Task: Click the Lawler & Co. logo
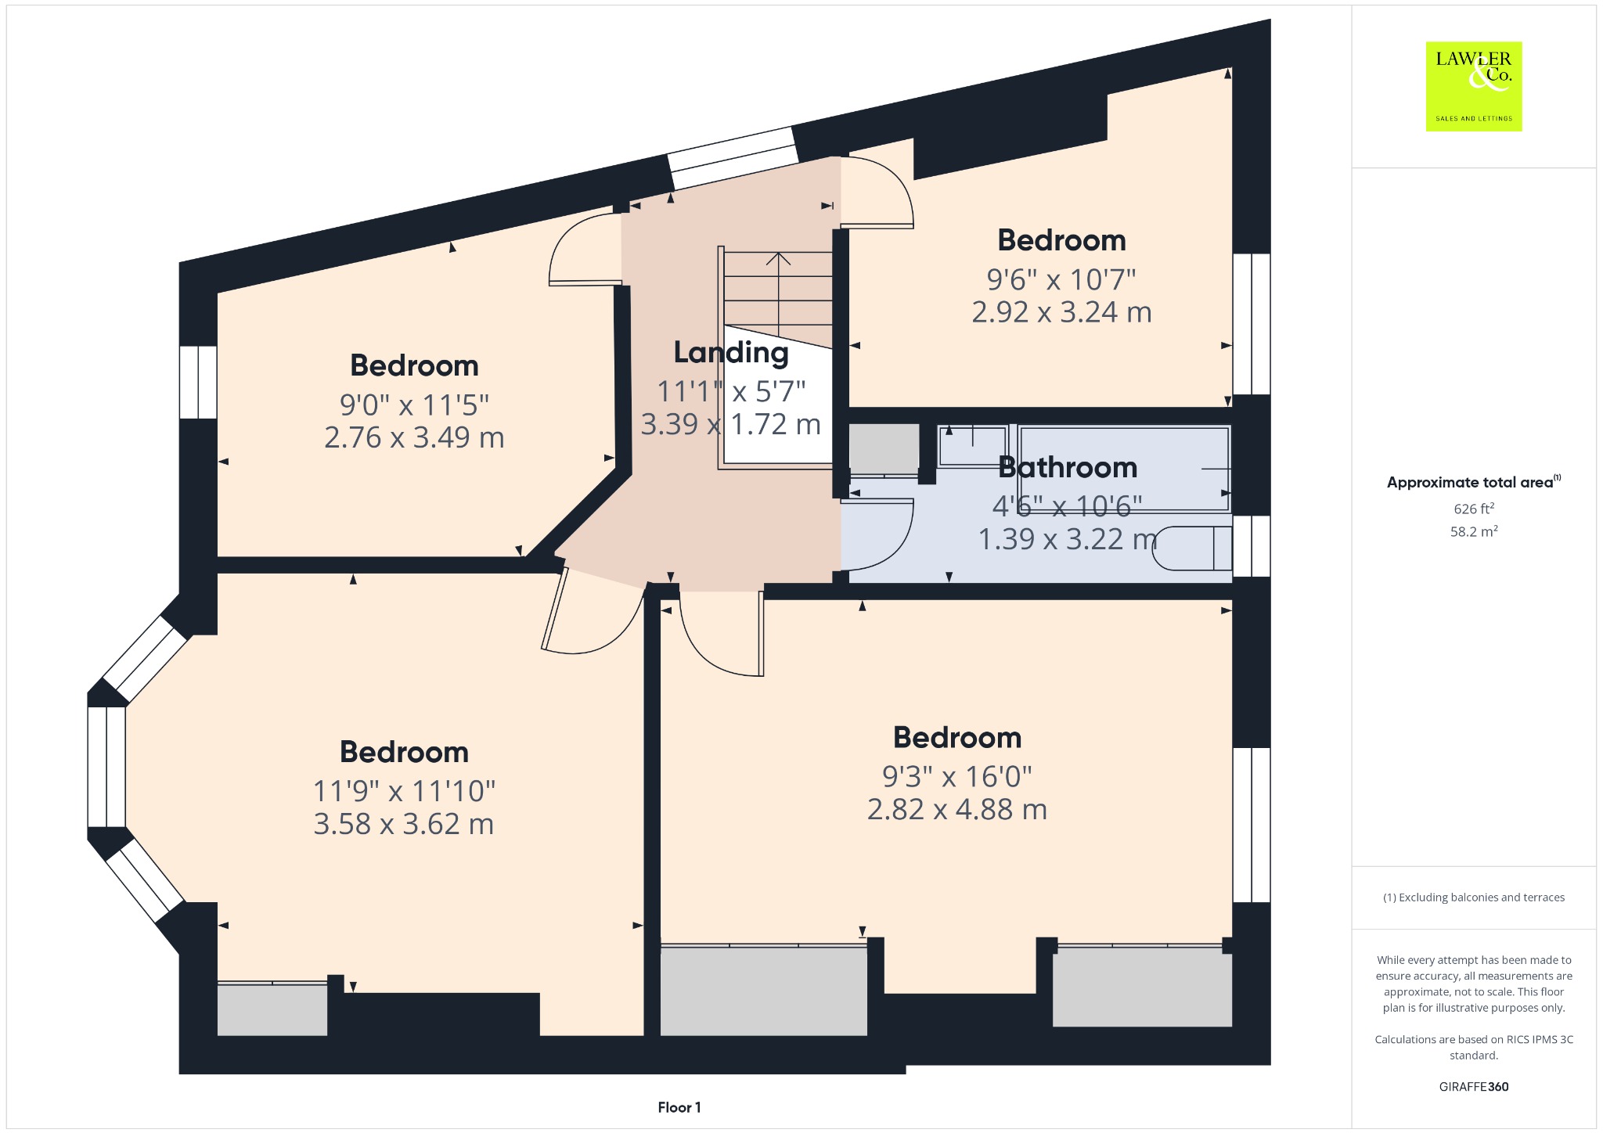click(x=1474, y=86)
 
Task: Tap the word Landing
click(x=731, y=353)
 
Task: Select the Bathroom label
click(x=1068, y=467)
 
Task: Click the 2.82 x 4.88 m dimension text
click(x=957, y=809)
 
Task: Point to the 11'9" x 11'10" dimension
click(x=404, y=791)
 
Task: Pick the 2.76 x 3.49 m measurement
click(x=414, y=437)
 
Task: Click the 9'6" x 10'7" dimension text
click(x=1061, y=279)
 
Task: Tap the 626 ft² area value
click(x=1474, y=509)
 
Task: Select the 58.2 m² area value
click(x=1474, y=531)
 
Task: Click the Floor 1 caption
click(x=679, y=1107)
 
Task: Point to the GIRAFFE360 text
click(x=1474, y=1087)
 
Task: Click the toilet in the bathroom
click(x=1192, y=548)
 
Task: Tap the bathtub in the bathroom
click(x=1124, y=468)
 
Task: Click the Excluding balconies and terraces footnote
click(x=1474, y=897)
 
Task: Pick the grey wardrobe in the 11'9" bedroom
click(x=272, y=1009)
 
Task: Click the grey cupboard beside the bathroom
click(x=884, y=448)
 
